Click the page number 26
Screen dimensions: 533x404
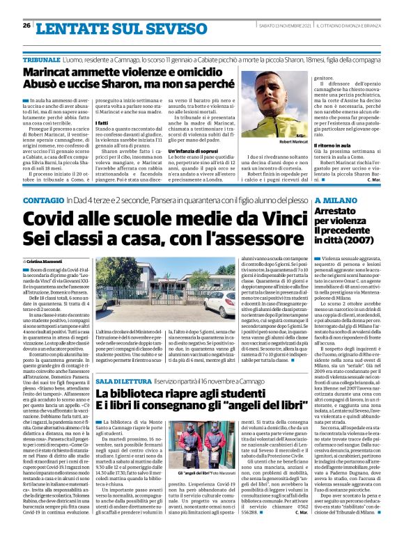point(26,25)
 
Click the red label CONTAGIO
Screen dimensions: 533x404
point(42,200)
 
